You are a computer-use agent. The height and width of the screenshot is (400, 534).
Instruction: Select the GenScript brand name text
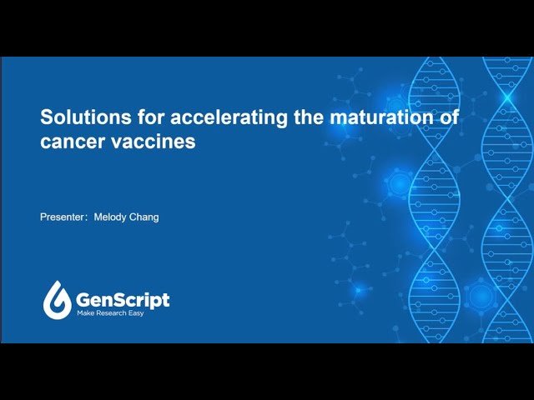tap(123, 299)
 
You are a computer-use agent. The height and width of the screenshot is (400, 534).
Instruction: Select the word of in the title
tap(450, 117)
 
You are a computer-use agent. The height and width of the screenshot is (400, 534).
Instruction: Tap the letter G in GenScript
tap(84, 299)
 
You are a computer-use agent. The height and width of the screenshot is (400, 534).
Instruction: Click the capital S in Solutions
tap(46, 117)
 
